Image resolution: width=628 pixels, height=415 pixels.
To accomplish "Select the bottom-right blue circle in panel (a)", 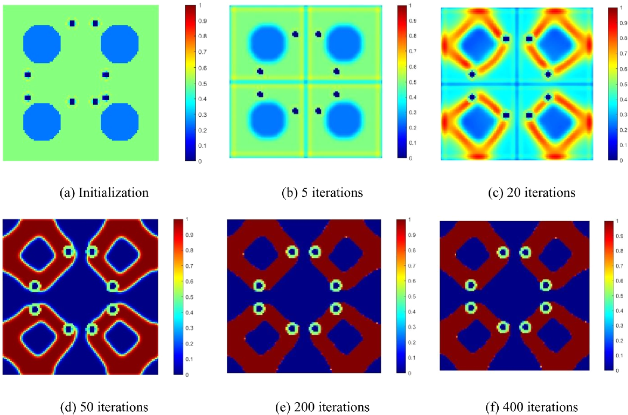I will click(x=120, y=121).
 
